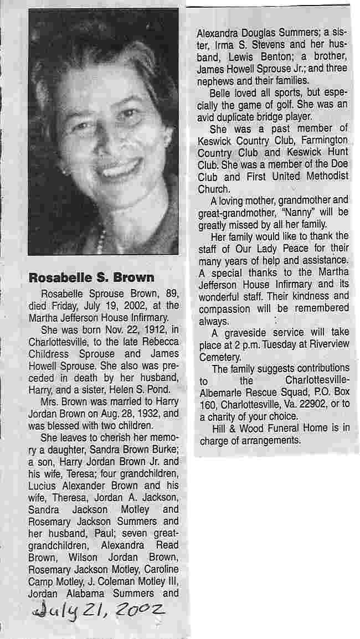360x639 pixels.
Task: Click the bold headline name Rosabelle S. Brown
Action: (x=91, y=277)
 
